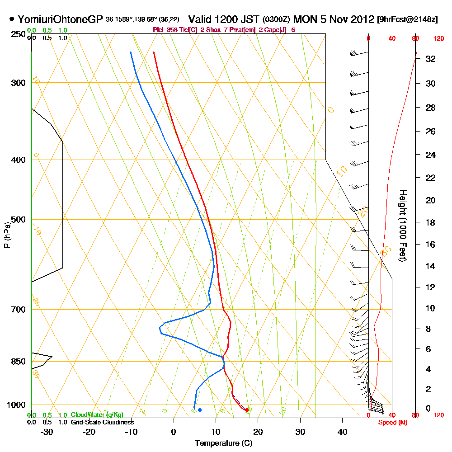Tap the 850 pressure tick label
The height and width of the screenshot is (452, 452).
coord(19,362)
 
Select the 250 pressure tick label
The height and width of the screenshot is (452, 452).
coord(19,34)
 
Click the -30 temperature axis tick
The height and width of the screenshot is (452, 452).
coord(47,431)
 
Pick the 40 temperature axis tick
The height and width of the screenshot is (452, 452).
coord(342,431)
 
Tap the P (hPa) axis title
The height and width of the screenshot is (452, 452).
coord(7,235)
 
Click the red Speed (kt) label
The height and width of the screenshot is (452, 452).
coord(391,422)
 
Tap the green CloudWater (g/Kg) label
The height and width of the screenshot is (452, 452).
coord(97,415)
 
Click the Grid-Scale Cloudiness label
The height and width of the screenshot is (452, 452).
coord(102,422)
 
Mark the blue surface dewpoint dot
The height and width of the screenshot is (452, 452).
coord(200,410)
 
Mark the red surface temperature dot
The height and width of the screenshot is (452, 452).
coord(247,410)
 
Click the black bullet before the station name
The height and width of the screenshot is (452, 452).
coord(11,19)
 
